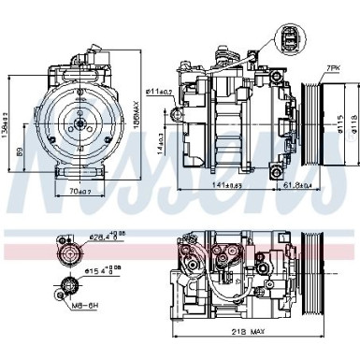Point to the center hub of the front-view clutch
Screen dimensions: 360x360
point(79,119)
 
